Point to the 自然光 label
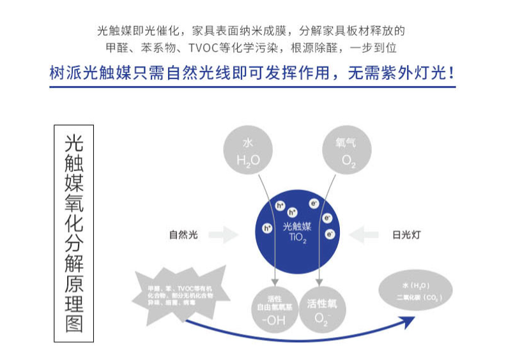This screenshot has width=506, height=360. point(183,235)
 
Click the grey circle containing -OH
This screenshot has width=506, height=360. point(273,310)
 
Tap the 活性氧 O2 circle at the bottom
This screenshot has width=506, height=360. point(326,310)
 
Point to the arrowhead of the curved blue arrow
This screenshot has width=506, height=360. point(409,323)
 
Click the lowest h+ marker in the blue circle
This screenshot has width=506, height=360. point(268,227)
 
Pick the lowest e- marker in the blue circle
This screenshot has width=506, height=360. point(330,234)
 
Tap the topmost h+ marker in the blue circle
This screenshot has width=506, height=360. point(280,206)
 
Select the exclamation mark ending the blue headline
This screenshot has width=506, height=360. point(452,72)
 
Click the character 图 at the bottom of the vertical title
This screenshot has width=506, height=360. point(74,322)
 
